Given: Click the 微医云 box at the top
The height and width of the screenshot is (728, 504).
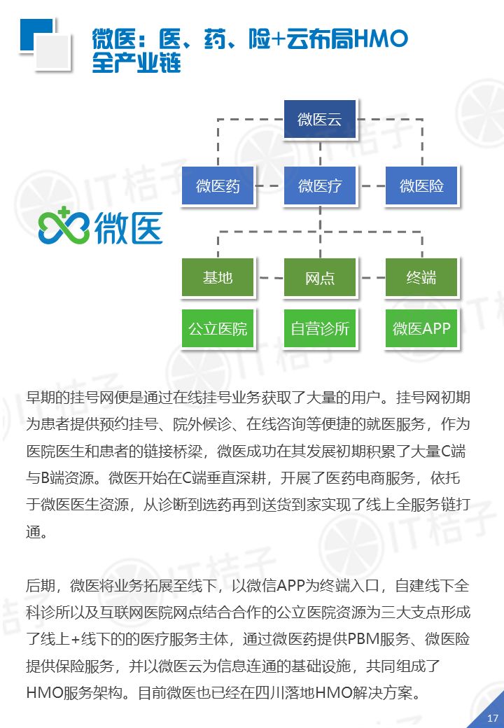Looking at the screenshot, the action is (320, 120).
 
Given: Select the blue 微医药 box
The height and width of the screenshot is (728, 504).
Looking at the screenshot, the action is (218, 186).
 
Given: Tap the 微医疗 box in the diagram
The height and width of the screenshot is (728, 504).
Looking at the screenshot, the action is (320, 186).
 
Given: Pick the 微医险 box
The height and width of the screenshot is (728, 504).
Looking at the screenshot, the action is (421, 186).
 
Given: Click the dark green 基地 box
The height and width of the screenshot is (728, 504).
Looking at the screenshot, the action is (218, 278).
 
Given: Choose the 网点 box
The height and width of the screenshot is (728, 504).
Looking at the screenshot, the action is (320, 278).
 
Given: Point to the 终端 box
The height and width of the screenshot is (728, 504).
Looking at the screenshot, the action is (421, 278).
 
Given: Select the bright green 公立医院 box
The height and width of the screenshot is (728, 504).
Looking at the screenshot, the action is (218, 328).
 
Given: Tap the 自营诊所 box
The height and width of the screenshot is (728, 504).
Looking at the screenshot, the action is (320, 328).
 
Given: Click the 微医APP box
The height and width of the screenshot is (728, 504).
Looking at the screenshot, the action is (421, 328).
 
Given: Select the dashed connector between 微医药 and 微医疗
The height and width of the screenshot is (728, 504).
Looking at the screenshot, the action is (269, 186).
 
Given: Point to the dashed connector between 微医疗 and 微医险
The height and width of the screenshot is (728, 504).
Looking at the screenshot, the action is (371, 186).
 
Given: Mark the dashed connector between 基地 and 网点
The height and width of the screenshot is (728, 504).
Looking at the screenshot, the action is (269, 278).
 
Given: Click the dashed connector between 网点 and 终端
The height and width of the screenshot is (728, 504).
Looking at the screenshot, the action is (371, 278).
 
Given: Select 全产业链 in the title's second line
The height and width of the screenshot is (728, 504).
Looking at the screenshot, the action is (136, 64).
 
